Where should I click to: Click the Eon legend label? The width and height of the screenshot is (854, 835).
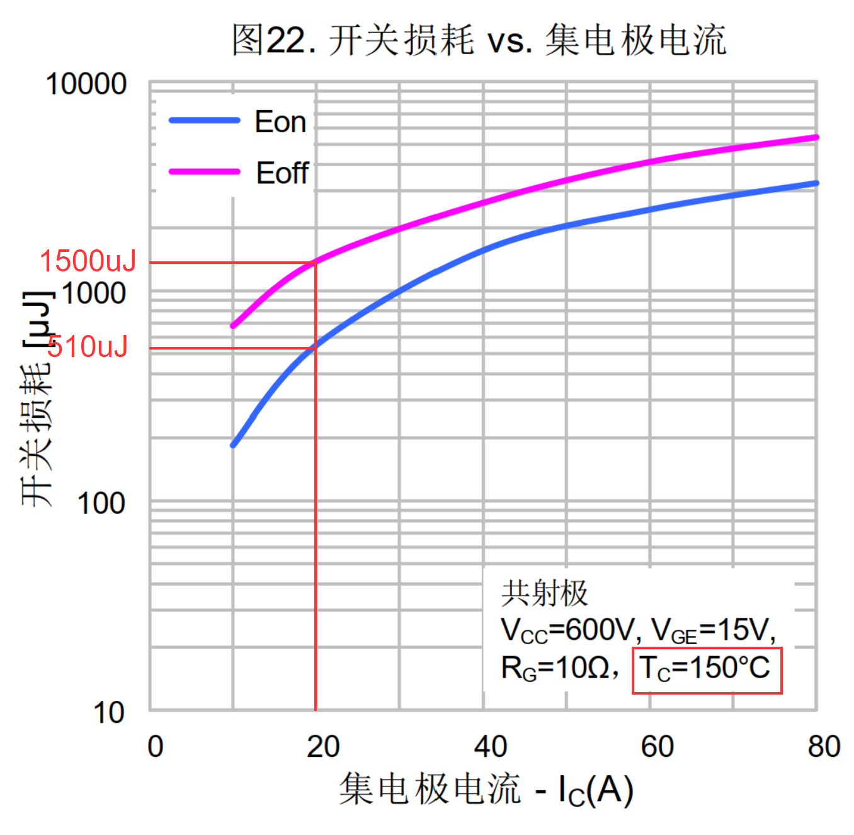click(x=280, y=122)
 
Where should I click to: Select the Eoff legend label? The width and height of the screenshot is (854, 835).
click(x=282, y=173)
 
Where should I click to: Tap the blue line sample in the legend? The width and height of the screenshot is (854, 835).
click(x=204, y=120)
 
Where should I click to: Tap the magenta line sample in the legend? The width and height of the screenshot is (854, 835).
click(x=204, y=171)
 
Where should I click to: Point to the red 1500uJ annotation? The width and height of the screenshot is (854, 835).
click(x=88, y=261)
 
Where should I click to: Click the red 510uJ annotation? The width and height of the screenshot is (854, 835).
click(x=88, y=346)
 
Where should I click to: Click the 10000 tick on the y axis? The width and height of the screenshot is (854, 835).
click(x=86, y=84)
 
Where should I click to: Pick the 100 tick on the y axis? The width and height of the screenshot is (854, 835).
click(x=101, y=504)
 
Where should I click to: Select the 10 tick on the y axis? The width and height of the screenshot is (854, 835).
click(x=109, y=713)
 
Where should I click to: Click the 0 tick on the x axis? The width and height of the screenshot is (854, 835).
click(x=156, y=747)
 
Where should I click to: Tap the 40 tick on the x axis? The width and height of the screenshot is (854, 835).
click(x=490, y=747)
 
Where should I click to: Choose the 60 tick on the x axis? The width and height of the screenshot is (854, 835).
click(x=657, y=747)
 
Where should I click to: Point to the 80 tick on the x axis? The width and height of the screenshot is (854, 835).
click(x=824, y=747)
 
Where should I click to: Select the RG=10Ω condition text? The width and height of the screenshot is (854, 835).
click(x=555, y=668)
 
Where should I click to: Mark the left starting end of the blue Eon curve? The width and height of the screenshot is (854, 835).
click(x=233, y=445)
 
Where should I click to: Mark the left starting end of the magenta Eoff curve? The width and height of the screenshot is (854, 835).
click(x=233, y=326)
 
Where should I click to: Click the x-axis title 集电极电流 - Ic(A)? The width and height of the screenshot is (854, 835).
click(x=486, y=790)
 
